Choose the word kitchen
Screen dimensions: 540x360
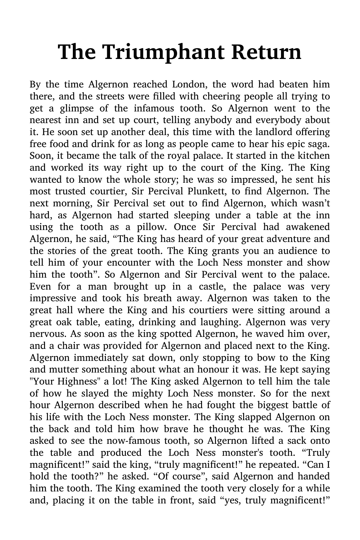[x=313, y=156]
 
